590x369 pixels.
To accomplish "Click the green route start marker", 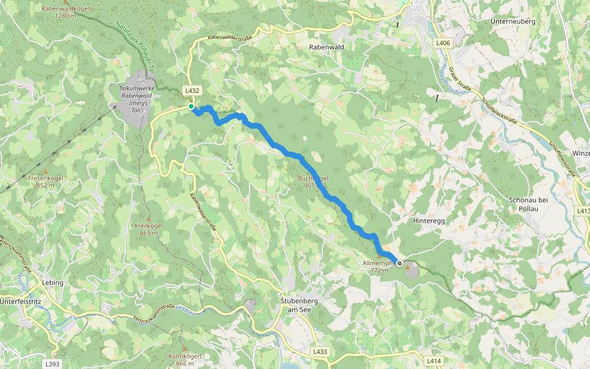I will pyautogui.click(x=191, y=107).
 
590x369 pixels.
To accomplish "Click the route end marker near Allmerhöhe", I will pyautogui.click(x=399, y=263).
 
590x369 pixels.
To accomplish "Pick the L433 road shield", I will pyautogui.click(x=320, y=352).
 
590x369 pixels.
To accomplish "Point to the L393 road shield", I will pyautogui.click(x=52, y=364).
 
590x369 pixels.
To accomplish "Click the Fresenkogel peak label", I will pyautogui.click(x=46, y=181).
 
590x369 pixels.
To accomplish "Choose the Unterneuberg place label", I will pyautogui.click(x=513, y=22).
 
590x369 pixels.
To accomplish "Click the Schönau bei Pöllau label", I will pyautogui.click(x=528, y=204).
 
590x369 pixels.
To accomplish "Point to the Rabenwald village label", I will pyautogui.click(x=326, y=47).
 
